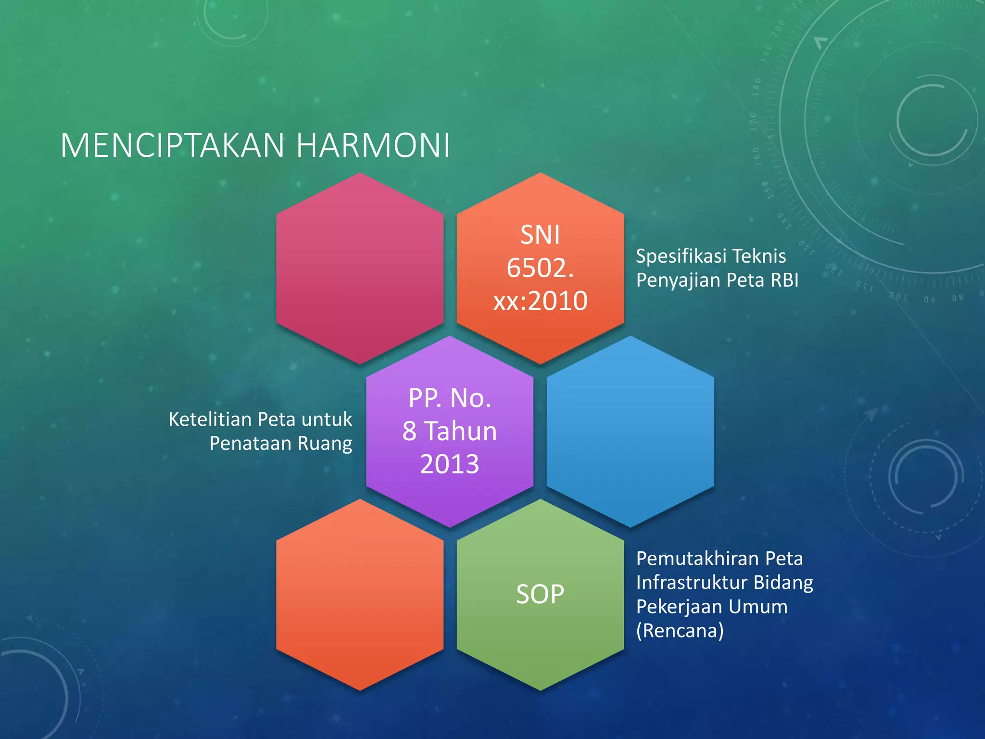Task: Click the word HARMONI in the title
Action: [x=373, y=145]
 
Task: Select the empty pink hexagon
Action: [x=360, y=268]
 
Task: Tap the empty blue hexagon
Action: [x=630, y=432]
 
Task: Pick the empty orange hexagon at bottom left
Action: [x=360, y=595]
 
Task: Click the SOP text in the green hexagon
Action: [x=540, y=594]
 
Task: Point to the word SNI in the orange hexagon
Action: [x=540, y=235]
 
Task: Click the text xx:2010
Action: [x=540, y=301]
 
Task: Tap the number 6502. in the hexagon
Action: [x=540, y=268]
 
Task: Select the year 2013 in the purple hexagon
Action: [x=450, y=464]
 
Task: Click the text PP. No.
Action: [x=450, y=398]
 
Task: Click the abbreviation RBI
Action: [x=784, y=280]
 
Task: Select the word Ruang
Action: [x=325, y=444]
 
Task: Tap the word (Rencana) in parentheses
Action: [x=680, y=631]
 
